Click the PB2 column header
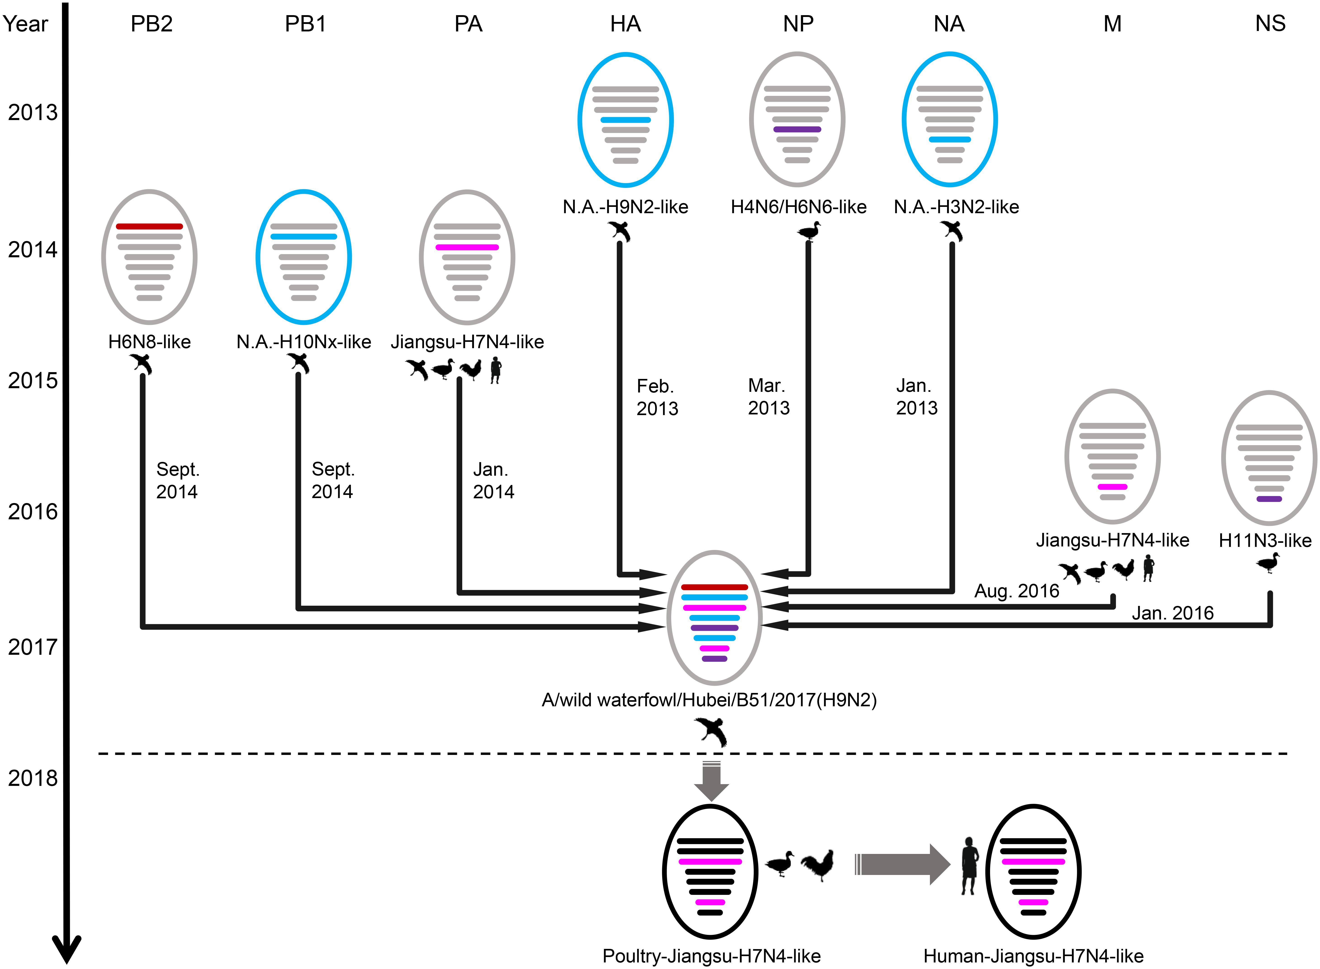pos(151,24)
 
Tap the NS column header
pos(1270,24)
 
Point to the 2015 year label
pos(33,381)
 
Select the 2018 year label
pos(33,778)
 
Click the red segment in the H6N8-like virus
pos(150,226)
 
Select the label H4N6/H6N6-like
pos(799,207)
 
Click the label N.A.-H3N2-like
pos(956,207)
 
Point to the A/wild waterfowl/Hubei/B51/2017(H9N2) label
pos(709,700)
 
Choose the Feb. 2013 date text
pos(657,397)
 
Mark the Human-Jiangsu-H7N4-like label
pos(1034,956)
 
